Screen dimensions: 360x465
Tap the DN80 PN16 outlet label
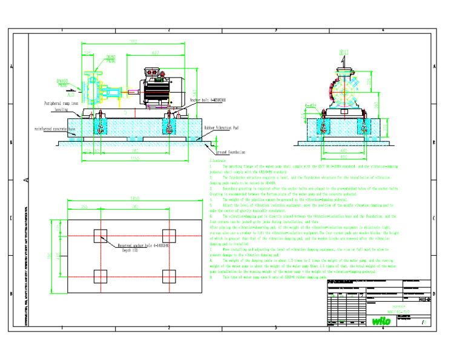tap(111, 58)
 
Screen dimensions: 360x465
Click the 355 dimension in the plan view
tap(84, 207)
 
